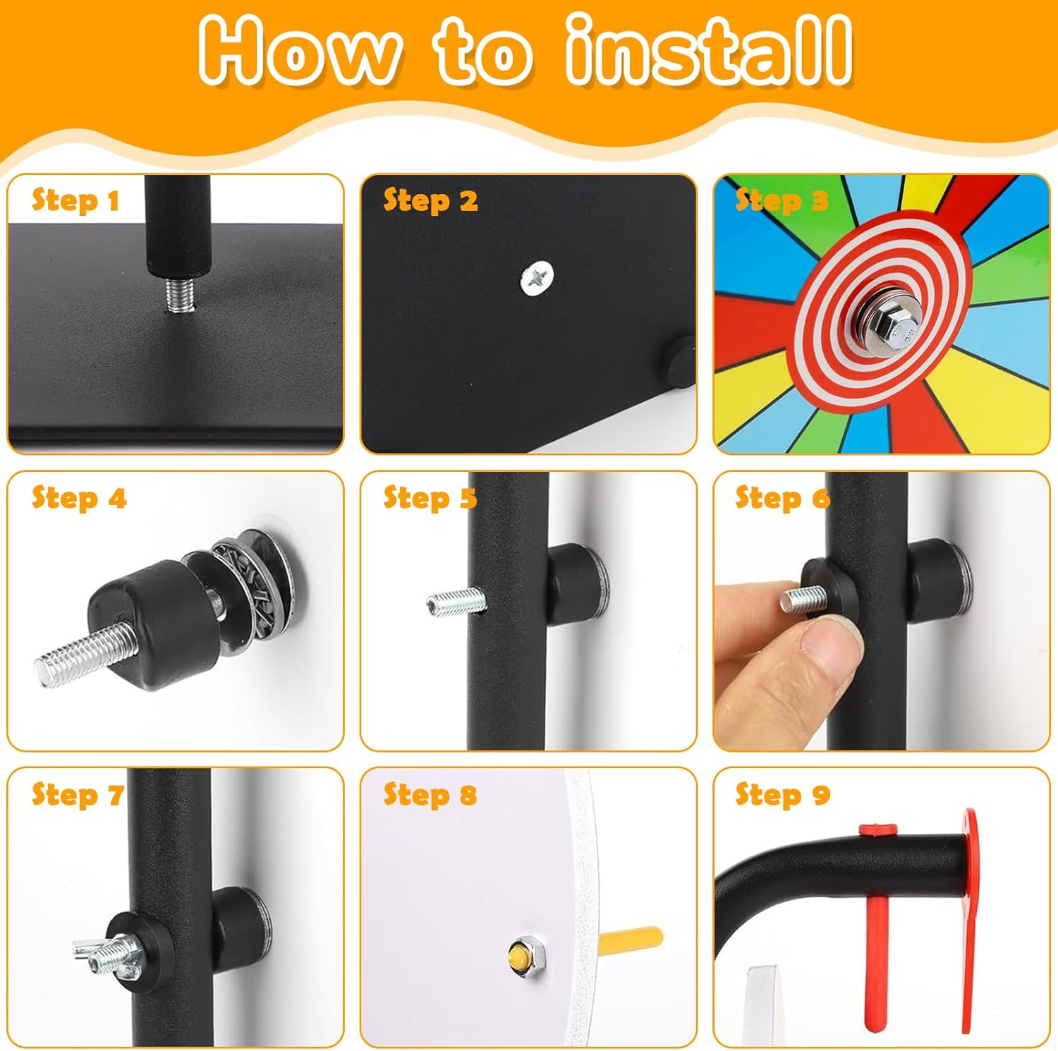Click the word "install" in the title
tap(708, 51)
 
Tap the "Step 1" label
tap(75, 201)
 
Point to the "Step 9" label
tap(782, 795)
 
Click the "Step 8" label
tap(430, 795)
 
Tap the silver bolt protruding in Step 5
tap(456, 602)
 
